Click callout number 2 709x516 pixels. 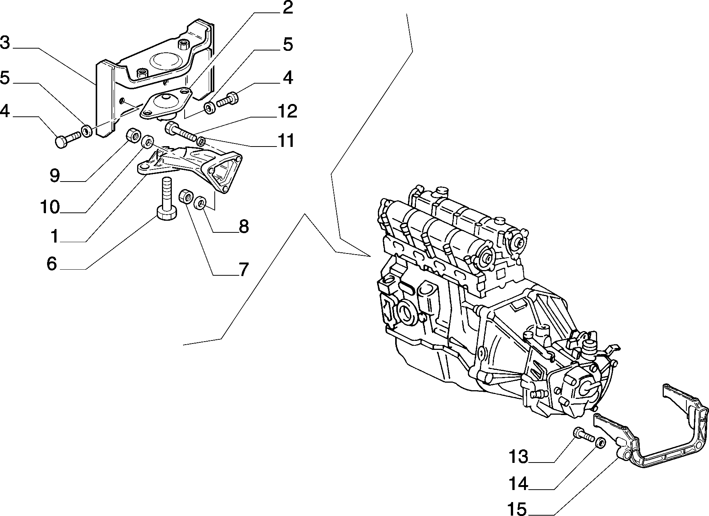click(x=287, y=8)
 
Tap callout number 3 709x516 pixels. click(x=5, y=43)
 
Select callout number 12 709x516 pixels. click(x=287, y=111)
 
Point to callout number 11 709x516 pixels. click(x=285, y=141)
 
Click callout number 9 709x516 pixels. click(x=55, y=176)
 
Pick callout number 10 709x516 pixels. click(x=49, y=207)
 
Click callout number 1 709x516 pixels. click(x=54, y=237)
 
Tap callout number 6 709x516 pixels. click(x=52, y=264)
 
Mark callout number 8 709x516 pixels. click(x=243, y=227)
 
